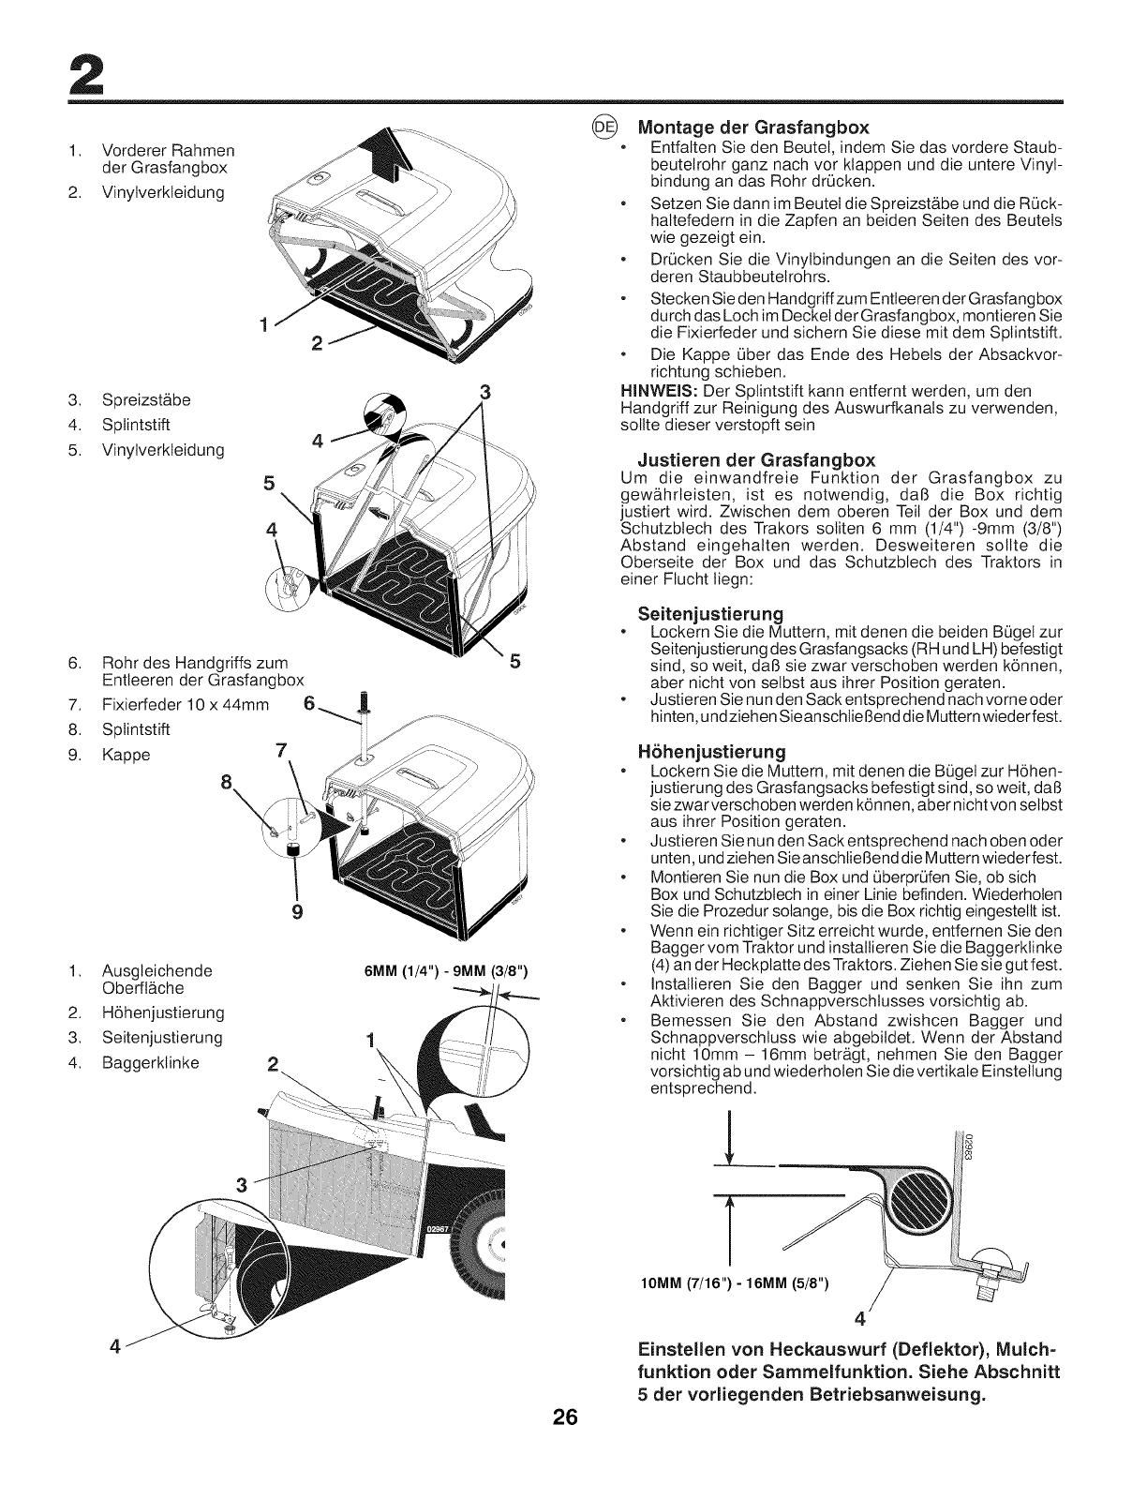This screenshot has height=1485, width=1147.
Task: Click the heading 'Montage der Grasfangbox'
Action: click(x=753, y=127)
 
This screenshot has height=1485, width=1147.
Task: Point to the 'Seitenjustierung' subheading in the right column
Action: click(x=709, y=614)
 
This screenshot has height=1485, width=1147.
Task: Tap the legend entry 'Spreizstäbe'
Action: click(x=146, y=400)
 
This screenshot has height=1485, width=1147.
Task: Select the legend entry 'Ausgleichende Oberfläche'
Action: click(x=156, y=979)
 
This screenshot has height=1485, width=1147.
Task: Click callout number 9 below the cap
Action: click(x=295, y=909)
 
